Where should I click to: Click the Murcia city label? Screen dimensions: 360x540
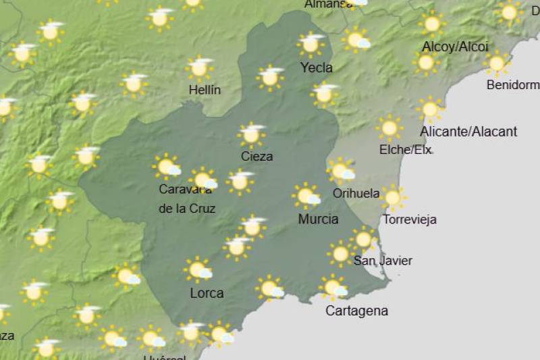click(318, 219)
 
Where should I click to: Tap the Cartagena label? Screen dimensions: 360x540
click(356, 311)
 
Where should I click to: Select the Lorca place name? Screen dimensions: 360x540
click(207, 293)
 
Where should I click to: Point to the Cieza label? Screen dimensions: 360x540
click(256, 156)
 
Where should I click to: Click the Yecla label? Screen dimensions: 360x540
click(316, 68)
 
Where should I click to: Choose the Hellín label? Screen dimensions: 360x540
click(205, 90)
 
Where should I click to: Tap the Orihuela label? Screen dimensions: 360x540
click(356, 193)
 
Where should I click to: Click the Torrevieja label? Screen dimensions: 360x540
click(409, 220)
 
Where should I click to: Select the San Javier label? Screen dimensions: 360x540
click(383, 261)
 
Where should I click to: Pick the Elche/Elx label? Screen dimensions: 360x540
click(406, 149)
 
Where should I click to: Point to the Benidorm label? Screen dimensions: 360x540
click(513, 85)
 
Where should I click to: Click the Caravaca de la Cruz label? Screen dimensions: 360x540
click(187, 199)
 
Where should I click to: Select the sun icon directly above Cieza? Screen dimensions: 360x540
click(252, 134)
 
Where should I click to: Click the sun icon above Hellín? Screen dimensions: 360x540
click(200, 68)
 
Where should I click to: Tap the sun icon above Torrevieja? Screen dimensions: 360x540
click(392, 197)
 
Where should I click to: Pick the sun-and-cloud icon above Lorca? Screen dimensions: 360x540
click(198, 269)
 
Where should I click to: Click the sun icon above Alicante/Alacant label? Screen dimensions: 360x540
click(429, 108)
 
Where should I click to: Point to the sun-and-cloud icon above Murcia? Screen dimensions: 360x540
click(306, 195)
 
